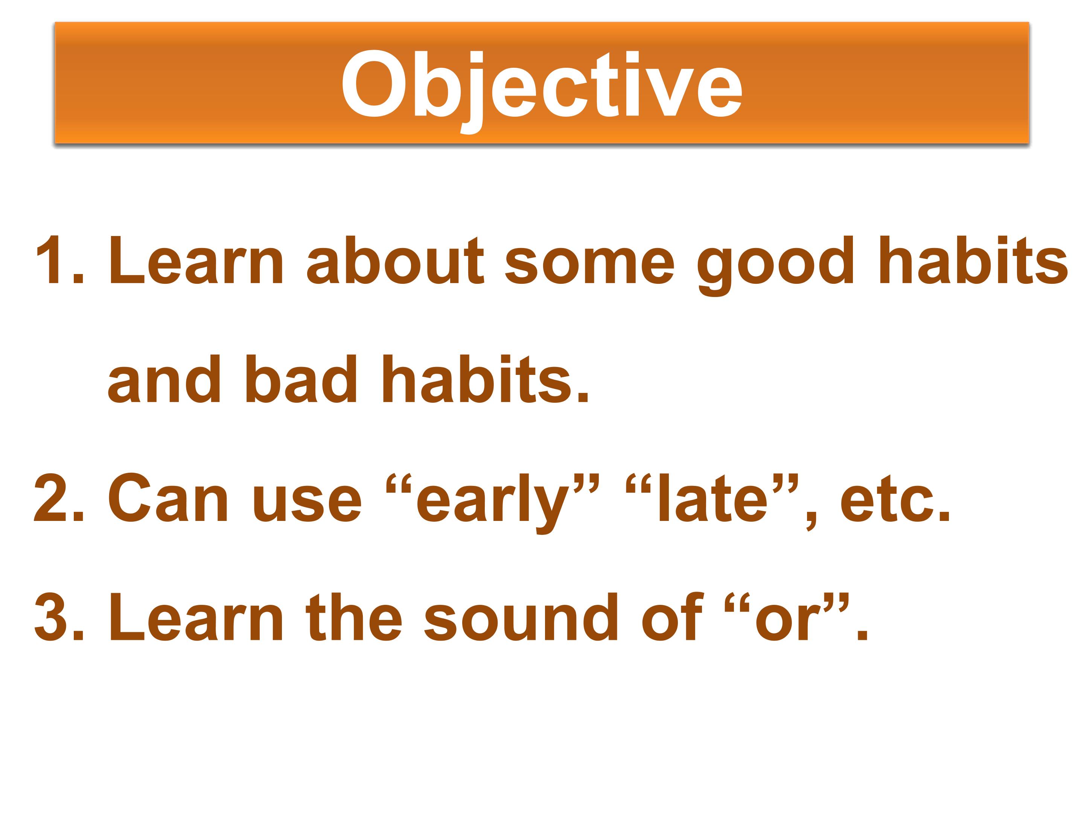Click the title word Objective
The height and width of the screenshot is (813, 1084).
click(x=542, y=87)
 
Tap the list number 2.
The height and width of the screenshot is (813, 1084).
click(x=59, y=498)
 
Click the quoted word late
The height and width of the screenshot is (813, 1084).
click(x=713, y=498)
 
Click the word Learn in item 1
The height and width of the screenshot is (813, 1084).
click(x=196, y=260)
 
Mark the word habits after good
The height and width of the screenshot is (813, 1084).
click(x=974, y=260)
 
